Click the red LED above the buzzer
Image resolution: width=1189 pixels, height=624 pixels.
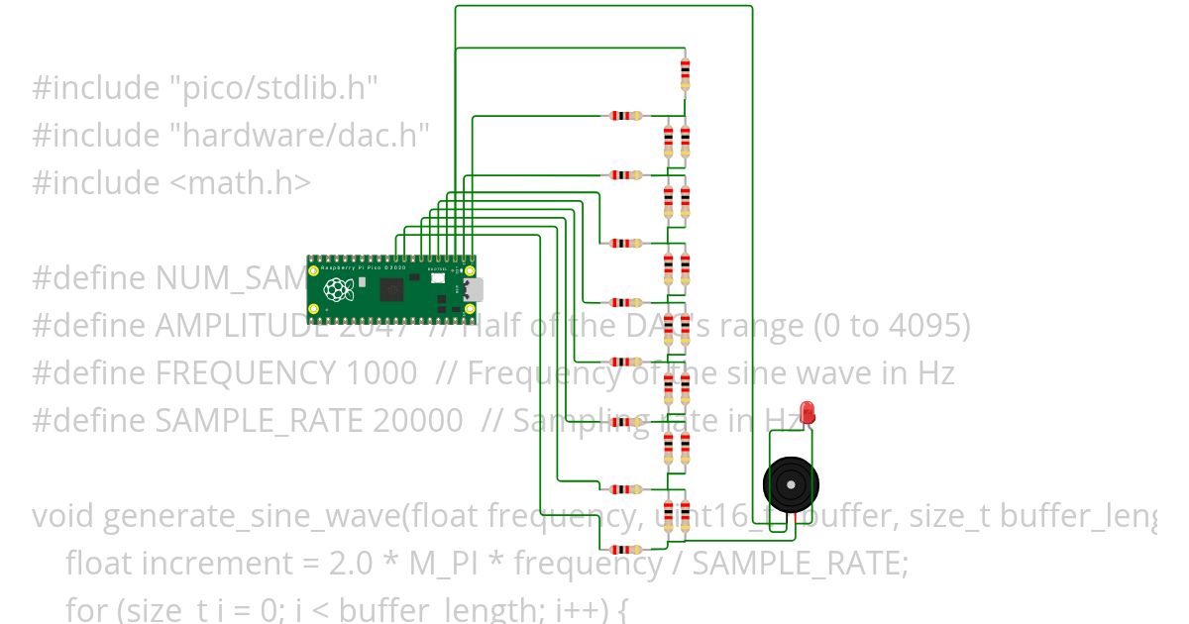click(808, 412)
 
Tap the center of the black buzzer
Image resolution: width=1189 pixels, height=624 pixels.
click(791, 484)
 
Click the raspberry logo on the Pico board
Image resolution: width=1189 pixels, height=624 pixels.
click(340, 290)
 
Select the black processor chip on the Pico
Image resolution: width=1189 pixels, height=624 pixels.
click(392, 290)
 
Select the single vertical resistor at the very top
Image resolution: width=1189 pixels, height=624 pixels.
click(685, 73)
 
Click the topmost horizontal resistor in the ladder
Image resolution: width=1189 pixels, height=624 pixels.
click(625, 116)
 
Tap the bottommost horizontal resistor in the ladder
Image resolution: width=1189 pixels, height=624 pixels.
click(625, 549)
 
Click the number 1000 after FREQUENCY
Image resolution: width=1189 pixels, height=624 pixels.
click(382, 373)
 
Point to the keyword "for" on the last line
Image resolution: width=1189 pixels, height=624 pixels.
click(83, 609)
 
